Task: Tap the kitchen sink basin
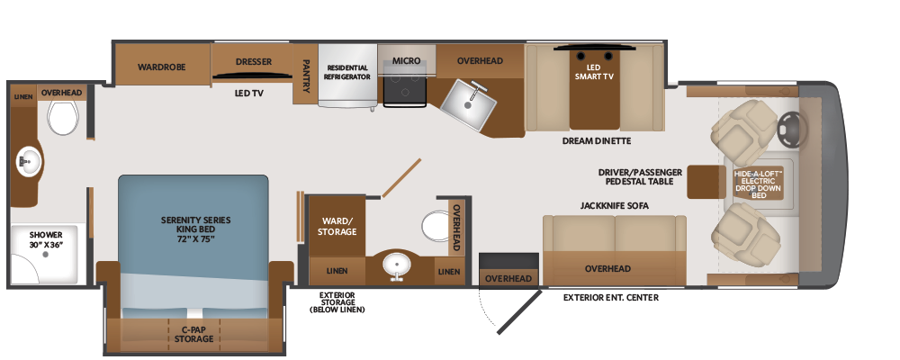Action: [468, 103]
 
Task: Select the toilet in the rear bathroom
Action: [63, 117]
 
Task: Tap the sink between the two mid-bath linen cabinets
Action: [395, 266]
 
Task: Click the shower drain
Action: [45, 254]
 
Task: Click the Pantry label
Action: [305, 76]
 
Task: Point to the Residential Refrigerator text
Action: [347, 72]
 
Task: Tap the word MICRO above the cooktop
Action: [407, 60]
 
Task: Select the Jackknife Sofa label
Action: [614, 205]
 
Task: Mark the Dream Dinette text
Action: [597, 140]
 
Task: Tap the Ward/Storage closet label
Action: [338, 226]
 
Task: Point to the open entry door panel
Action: [519, 311]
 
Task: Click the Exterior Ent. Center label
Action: [611, 297]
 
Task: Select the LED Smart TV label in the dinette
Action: [594, 72]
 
